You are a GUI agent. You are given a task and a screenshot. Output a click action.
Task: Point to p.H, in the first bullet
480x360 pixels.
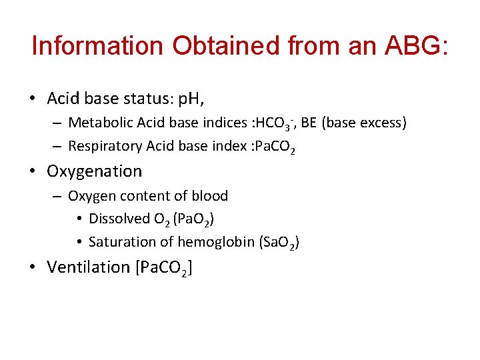coord(188,99)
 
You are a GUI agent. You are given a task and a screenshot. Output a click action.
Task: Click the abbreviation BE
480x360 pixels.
coord(309,123)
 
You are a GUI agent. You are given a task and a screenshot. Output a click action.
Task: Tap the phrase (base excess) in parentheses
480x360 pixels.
coord(365,123)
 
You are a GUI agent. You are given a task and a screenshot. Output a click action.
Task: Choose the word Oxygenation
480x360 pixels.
coord(94,171)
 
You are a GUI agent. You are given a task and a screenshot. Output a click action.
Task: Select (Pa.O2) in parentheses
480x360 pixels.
coord(193,219)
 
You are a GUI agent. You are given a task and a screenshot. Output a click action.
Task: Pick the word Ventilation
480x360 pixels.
coord(88,267)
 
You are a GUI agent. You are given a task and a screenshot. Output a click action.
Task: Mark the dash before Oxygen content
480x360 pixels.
coord(58,196)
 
